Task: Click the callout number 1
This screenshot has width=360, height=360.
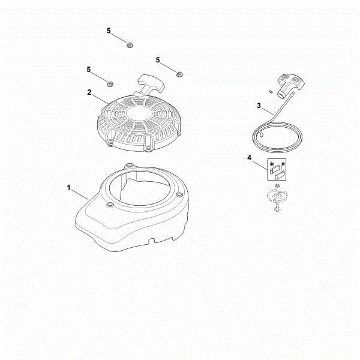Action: pos(69,188)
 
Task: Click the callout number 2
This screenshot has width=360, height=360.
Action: pos(89,92)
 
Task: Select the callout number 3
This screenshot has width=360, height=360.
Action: pos(258,106)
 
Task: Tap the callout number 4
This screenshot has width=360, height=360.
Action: pos(248,158)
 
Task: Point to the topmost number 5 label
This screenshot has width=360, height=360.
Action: pos(109,30)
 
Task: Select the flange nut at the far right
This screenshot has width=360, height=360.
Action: pos(179,73)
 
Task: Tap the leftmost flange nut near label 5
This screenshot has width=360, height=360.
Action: pos(110,82)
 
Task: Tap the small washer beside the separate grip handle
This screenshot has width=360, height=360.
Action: pos(271,90)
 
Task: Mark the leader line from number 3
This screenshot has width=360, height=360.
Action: pos(269,110)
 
